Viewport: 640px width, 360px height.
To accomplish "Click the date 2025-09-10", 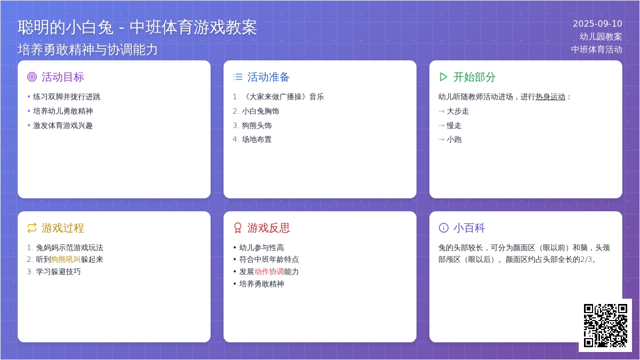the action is click(x=597, y=23).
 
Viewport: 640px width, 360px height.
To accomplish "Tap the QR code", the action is click(x=605, y=325).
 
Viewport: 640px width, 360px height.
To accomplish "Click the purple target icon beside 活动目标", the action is click(x=32, y=77).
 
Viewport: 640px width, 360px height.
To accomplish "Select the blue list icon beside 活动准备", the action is click(x=238, y=77).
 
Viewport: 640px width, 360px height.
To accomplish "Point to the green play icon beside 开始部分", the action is click(x=443, y=77).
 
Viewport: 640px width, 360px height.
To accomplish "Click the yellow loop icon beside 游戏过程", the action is click(x=32, y=228).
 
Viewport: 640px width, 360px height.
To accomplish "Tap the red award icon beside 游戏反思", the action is click(x=238, y=228).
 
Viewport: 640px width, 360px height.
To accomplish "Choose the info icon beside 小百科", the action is click(x=443, y=228).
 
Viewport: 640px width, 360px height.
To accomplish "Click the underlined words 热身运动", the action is click(x=550, y=97).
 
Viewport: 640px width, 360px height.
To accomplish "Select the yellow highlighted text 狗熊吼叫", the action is click(x=66, y=259).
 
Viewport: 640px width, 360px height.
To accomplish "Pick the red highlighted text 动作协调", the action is click(x=269, y=271).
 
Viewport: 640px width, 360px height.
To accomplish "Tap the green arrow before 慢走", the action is click(x=442, y=125).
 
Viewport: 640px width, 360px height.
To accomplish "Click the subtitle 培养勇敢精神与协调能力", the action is click(x=87, y=50).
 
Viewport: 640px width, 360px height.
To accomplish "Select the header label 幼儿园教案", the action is click(x=601, y=37).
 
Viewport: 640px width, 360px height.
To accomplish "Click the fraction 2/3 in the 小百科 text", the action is click(x=586, y=259).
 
